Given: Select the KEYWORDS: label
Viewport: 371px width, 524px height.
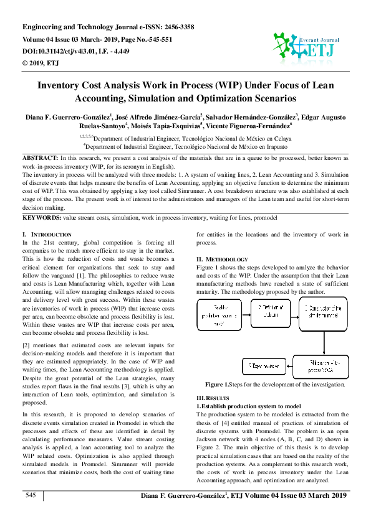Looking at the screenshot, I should (42, 218).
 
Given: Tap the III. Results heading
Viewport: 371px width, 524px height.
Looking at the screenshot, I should (213, 398).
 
